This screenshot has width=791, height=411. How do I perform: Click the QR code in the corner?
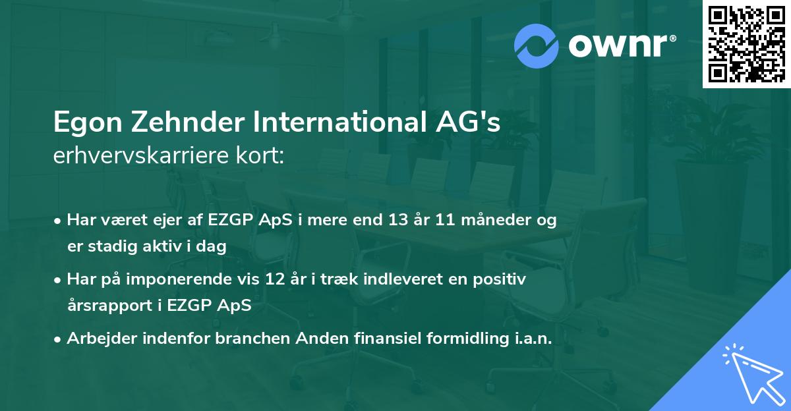click(x=747, y=44)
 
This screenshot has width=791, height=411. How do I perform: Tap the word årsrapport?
click(x=104, y=306)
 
